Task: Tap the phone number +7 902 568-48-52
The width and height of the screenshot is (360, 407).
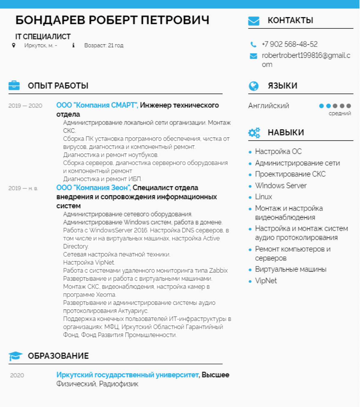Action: [x=289, y=44]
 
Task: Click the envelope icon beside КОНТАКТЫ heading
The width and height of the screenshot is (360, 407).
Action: [x=253, y=21]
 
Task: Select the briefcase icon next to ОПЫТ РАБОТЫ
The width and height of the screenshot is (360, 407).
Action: [x=14, y=85]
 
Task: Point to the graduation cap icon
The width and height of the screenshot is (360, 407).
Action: [x=15, y=356]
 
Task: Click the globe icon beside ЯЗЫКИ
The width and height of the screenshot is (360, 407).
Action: [x=253, y=86]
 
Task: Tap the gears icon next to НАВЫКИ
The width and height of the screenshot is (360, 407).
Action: [x=254, y=132]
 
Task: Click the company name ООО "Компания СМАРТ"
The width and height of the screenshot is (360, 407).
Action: [x=97, y=105]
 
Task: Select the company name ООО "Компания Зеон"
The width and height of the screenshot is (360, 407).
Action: [x=93, y=188]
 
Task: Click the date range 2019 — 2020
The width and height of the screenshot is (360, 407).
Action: [x=25, y=106]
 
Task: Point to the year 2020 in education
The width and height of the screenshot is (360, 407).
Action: [x=17, y=375]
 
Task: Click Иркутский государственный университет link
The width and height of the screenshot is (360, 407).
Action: [x=127, y=375]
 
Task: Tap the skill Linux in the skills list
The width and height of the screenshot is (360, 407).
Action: [x=263, y=197]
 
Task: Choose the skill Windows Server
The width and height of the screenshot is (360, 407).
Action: [x=281, y=186]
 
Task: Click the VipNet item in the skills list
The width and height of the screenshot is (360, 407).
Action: [x=266, y=281]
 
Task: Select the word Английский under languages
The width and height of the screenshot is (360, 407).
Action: [x=268, y=106]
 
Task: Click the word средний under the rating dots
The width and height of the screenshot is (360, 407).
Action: [x=340, y=114]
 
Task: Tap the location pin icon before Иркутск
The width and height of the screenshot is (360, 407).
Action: [x=13, y=45]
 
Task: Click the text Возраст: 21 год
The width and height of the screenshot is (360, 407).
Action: [x=104, y=46]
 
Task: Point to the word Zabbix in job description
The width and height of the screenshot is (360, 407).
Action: [x=218, y=271]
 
